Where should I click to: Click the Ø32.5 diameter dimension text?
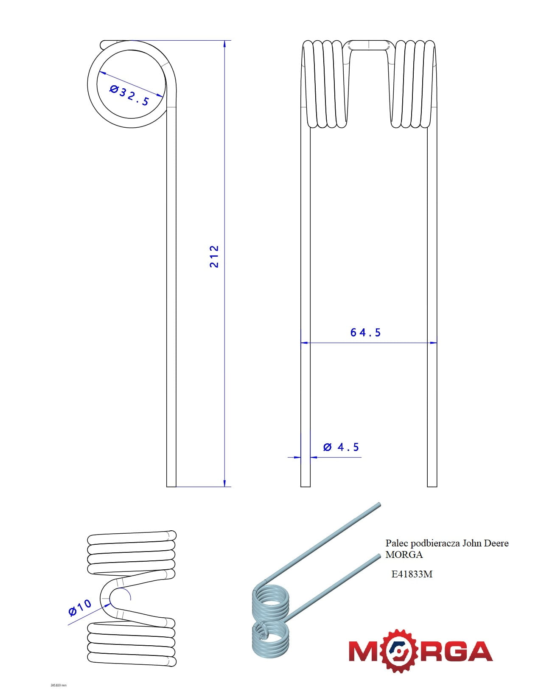tap(129, 95)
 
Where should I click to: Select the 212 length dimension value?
tap(214, 256)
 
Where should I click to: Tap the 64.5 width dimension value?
tap(365, 333)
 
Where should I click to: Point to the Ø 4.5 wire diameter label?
tap(341, 447)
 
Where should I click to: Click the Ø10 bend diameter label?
tap(80, 608)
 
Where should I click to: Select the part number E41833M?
tap(412, 574)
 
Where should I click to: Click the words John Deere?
tap(485, 543)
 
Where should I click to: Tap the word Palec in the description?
tap(396, 543)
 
